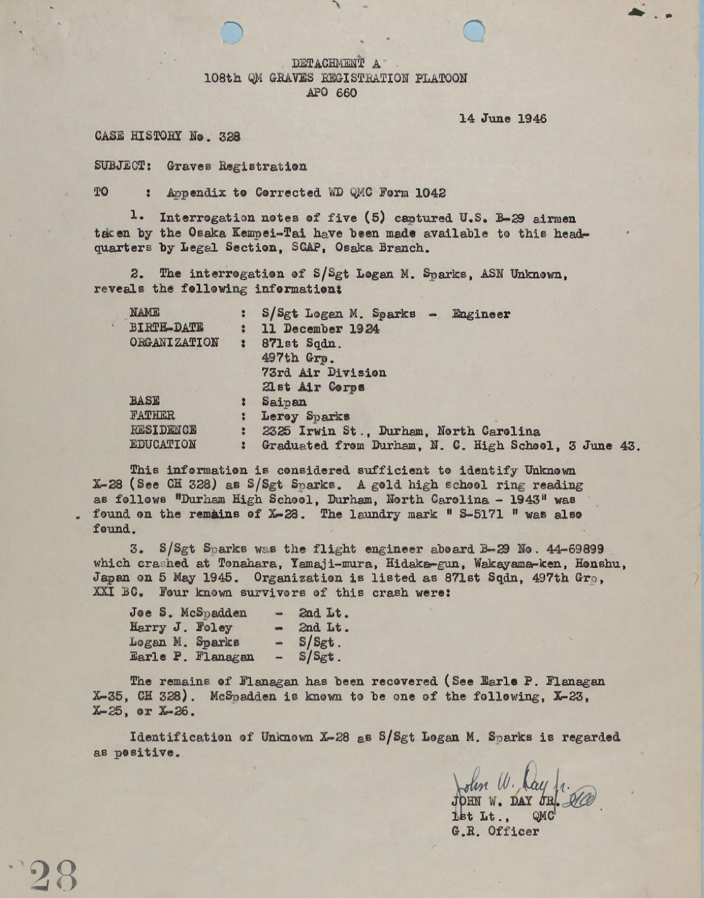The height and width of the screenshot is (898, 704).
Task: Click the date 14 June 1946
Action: pyautogui.click(x=502, y=119)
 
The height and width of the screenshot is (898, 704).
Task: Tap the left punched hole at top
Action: pyautogui.click(x=232, y=32)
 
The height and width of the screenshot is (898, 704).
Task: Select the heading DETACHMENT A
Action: pyautogui.click(x=336, y=63)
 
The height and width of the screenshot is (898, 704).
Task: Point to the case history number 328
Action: pyautogui.click(x=230, y=136)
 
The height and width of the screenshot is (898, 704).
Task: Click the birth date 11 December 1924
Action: pyautogui.click(x=320, y=329)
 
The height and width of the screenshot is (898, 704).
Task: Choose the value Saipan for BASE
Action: pyautogui.click(x=284, y=402)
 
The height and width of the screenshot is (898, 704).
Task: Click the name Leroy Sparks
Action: pyautogui.click(x=305, y=417)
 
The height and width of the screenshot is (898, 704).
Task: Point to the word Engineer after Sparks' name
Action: pyautogui.click(x=481, y=314)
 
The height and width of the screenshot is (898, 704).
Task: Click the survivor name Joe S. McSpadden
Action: pyautogui.click(x=188, y=613)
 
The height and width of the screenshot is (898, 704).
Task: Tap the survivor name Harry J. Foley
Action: pyautogui.click(x=180, y=627)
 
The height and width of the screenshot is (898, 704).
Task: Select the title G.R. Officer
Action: pyautogui.click(x=495, y=831)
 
